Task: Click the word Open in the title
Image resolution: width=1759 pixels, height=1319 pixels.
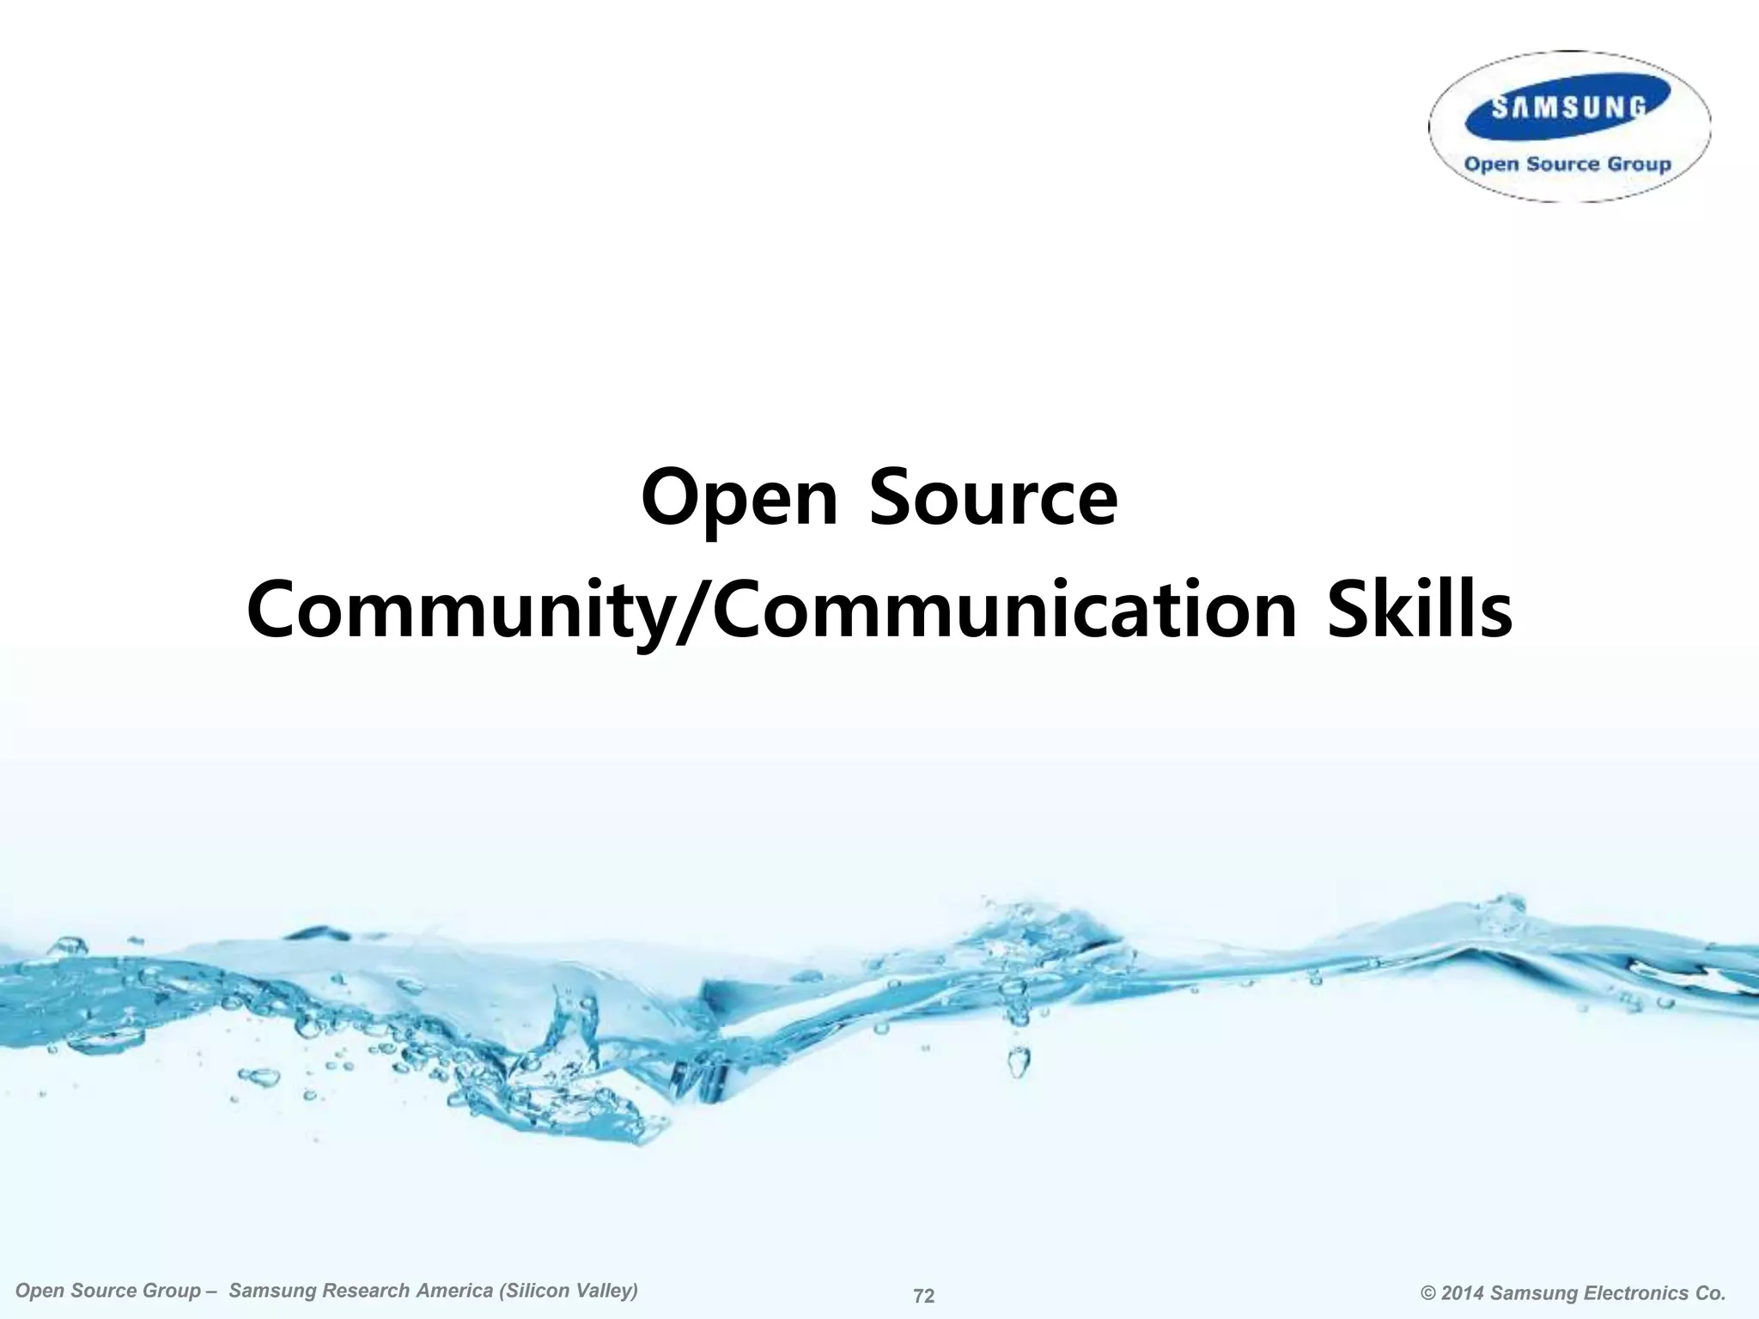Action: point(739,499)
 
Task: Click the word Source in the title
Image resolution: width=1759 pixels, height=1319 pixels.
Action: point(993,497)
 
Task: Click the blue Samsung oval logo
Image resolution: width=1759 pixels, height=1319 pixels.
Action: point(1568,106)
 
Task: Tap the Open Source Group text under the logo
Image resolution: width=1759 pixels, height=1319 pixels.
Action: point(1567,164)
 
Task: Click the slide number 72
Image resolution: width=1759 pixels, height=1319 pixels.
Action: point(923,1296)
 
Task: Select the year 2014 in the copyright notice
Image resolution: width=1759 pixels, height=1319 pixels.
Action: point(1464,1293)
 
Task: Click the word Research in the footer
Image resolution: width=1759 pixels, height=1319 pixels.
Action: point(363,1291)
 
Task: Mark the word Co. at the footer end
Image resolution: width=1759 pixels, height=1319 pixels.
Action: point(1709,1293)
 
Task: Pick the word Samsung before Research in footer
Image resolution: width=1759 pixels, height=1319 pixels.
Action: point(268,1291)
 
